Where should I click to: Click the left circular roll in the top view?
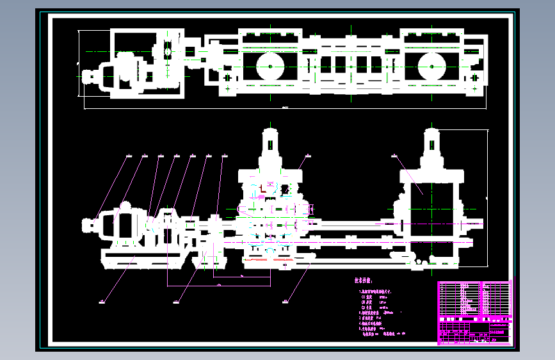click(x=269, y=65)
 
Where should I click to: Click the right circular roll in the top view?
click(x=432, y=65)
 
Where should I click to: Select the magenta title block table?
click(x=475, y=313)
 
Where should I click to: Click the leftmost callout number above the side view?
click(x=128, y=156)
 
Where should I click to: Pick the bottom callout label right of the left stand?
click(x=285, y=300)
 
